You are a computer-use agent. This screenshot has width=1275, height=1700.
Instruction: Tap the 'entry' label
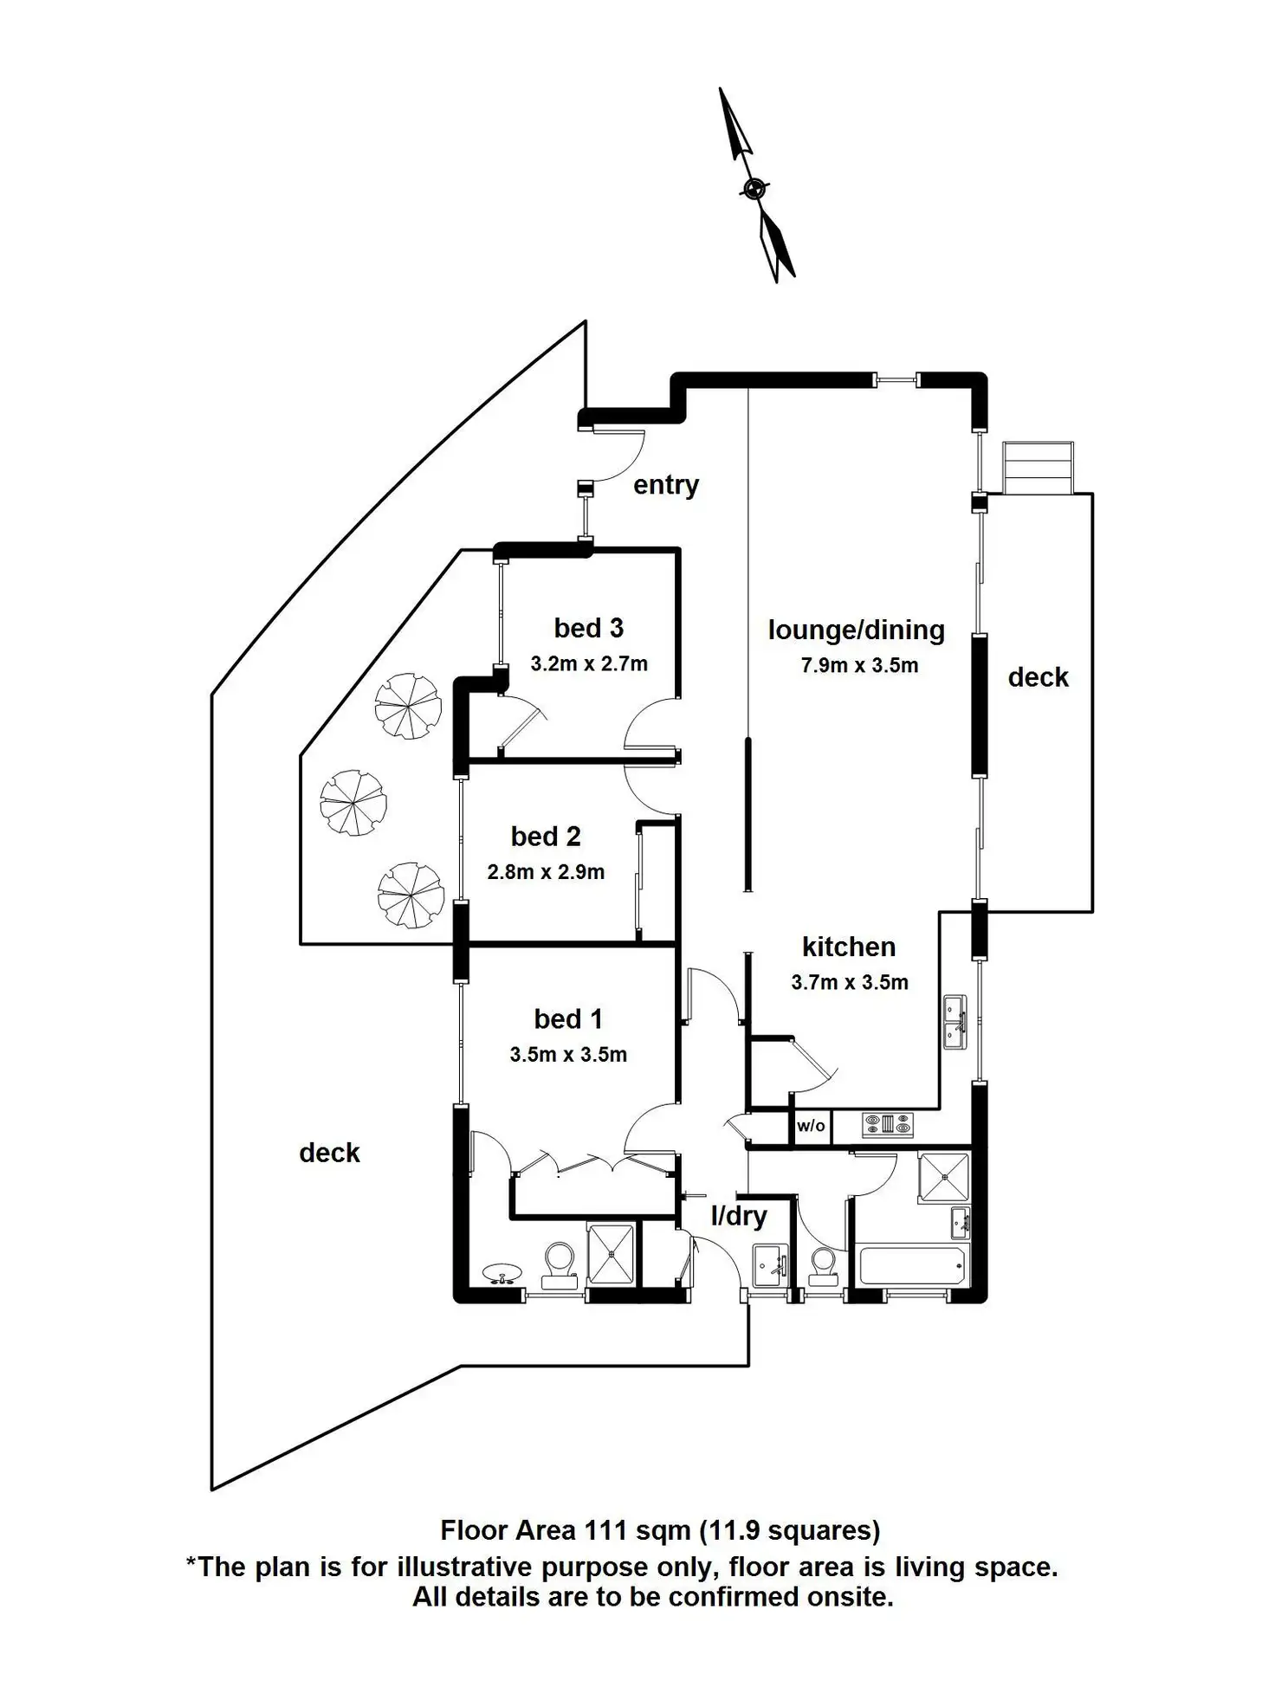click(665, 485)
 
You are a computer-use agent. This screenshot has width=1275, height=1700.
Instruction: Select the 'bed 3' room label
click(588, 628)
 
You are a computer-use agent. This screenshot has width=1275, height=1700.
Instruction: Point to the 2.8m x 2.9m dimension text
click(546, 872)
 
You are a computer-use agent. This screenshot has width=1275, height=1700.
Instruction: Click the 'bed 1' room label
click(567, 1018)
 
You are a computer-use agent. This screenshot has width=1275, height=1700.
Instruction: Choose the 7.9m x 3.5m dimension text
click(859, 665)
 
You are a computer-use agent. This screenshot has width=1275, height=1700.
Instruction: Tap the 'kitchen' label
click(848, 947)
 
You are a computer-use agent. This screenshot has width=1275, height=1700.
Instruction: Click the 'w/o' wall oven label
click(811, 1126)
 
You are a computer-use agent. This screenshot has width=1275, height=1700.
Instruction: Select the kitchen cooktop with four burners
click(888, 1125)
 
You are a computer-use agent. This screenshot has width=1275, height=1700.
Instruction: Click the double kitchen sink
click(955, 1023)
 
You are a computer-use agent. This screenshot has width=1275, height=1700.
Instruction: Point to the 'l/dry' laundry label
click(738, 1216)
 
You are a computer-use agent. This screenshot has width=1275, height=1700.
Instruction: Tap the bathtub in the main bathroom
click(911, 1265)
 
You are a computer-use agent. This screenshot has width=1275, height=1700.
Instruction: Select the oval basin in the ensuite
click(502, 1273)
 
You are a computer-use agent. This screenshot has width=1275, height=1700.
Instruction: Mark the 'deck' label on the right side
click(1038, 677)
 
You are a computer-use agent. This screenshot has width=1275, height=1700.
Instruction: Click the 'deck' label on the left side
click(329, 1153)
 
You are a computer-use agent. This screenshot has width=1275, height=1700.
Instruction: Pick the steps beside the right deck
click(1038, 468)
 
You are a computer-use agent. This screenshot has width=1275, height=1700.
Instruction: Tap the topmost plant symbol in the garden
click(408, 707)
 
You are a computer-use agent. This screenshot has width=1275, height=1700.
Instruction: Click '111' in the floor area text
click(605, 1530)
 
